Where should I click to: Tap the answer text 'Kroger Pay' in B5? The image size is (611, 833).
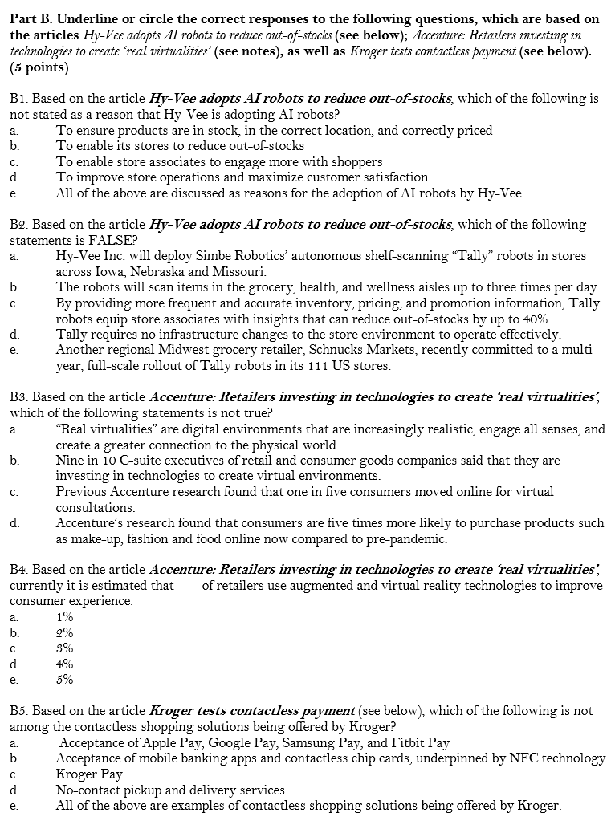pos(89,774)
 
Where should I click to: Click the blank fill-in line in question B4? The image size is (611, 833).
pos(188,587)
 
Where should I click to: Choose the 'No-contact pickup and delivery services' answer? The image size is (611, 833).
pos(170,790)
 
